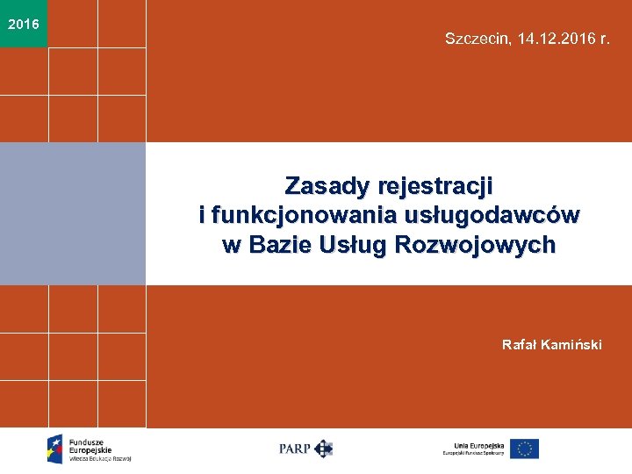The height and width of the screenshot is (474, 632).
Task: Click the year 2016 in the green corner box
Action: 23,24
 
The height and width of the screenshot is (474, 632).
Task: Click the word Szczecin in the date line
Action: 475,39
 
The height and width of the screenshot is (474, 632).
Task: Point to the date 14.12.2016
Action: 553,39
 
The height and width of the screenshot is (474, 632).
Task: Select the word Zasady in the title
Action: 326,186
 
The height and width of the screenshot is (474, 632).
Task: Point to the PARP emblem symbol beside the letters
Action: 324,449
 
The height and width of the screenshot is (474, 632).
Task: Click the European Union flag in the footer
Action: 524,449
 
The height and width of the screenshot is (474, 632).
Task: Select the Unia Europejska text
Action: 475,444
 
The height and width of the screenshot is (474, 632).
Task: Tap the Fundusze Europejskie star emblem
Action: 55,449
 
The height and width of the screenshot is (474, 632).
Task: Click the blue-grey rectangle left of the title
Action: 73,213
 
